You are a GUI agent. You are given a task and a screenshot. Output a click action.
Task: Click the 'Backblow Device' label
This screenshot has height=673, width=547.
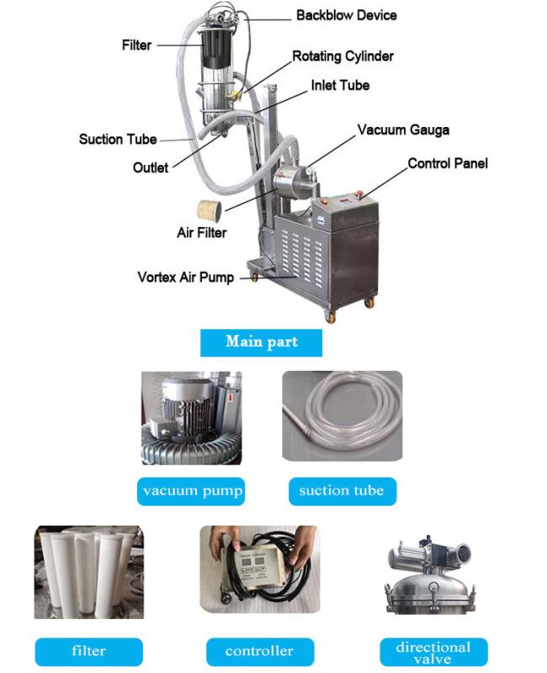point(346,15)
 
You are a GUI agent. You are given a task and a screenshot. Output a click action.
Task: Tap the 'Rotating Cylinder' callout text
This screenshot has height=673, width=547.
point(343,56)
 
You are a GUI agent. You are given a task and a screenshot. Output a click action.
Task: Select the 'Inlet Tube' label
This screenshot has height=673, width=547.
point(340,85)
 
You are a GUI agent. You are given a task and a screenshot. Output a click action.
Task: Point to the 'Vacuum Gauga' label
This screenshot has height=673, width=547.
point(403,130)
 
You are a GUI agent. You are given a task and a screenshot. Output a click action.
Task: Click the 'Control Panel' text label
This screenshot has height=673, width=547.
point(448,163)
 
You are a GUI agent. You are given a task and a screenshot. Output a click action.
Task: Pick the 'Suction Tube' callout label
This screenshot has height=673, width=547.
point(118,139)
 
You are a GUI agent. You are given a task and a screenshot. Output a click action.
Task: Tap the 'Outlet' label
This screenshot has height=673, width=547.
point(151,167)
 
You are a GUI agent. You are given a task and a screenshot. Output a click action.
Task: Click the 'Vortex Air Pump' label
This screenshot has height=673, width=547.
point(185,278)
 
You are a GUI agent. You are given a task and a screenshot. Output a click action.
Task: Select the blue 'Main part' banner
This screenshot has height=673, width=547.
point(261,342)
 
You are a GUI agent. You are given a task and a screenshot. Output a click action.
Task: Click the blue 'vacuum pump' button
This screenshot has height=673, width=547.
point(191,491)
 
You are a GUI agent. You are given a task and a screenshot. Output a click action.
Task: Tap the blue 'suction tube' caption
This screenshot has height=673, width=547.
point(343,491)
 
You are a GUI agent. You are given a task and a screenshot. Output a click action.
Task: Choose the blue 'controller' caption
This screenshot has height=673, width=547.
point(260,651)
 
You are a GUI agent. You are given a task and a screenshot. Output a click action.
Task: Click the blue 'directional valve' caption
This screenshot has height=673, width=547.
point(433,652)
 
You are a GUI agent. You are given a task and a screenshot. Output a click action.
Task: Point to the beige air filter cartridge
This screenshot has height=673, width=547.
point(210,211)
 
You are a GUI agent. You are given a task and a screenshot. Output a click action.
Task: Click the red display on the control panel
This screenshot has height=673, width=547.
point(345,199)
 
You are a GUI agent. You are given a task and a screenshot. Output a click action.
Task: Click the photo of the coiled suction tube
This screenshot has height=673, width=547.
point(343,416)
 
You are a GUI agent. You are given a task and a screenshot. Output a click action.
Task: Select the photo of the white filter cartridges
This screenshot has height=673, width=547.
point(89,572)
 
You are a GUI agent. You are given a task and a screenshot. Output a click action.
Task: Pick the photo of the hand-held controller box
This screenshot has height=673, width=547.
point(260,569)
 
